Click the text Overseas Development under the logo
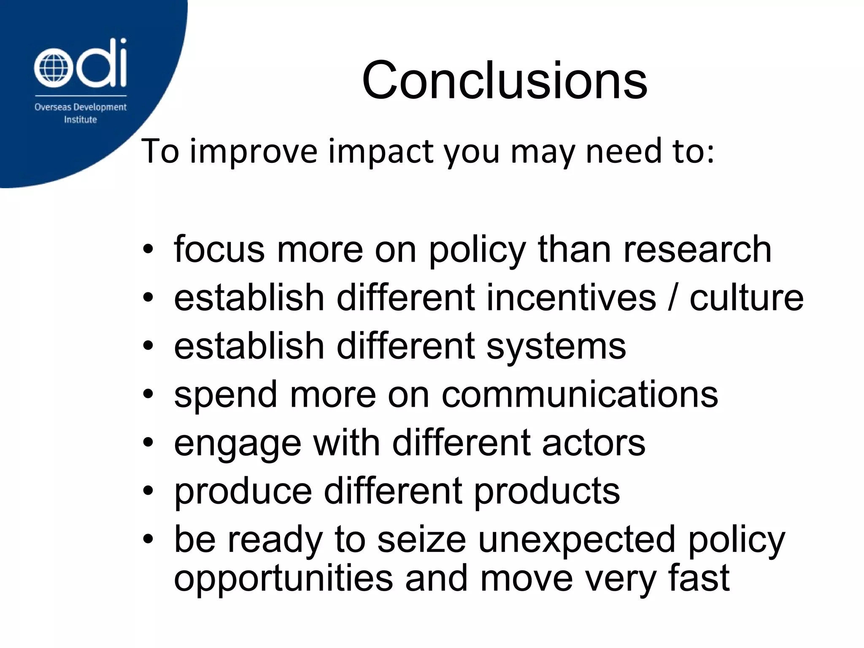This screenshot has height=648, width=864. (x=80, y=107)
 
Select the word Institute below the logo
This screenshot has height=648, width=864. (x=80, y=120)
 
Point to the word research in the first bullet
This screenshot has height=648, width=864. (x=697, y=250)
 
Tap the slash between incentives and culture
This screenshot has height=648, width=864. (x=672, y=298)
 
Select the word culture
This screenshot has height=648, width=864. (x=746, y=298)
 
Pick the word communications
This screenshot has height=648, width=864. (x=580, y=395)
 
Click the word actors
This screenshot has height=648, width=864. (x=594, y=443)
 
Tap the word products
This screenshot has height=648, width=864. (x=547, y=492)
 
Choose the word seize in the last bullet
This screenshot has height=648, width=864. (x=421, y=540)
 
